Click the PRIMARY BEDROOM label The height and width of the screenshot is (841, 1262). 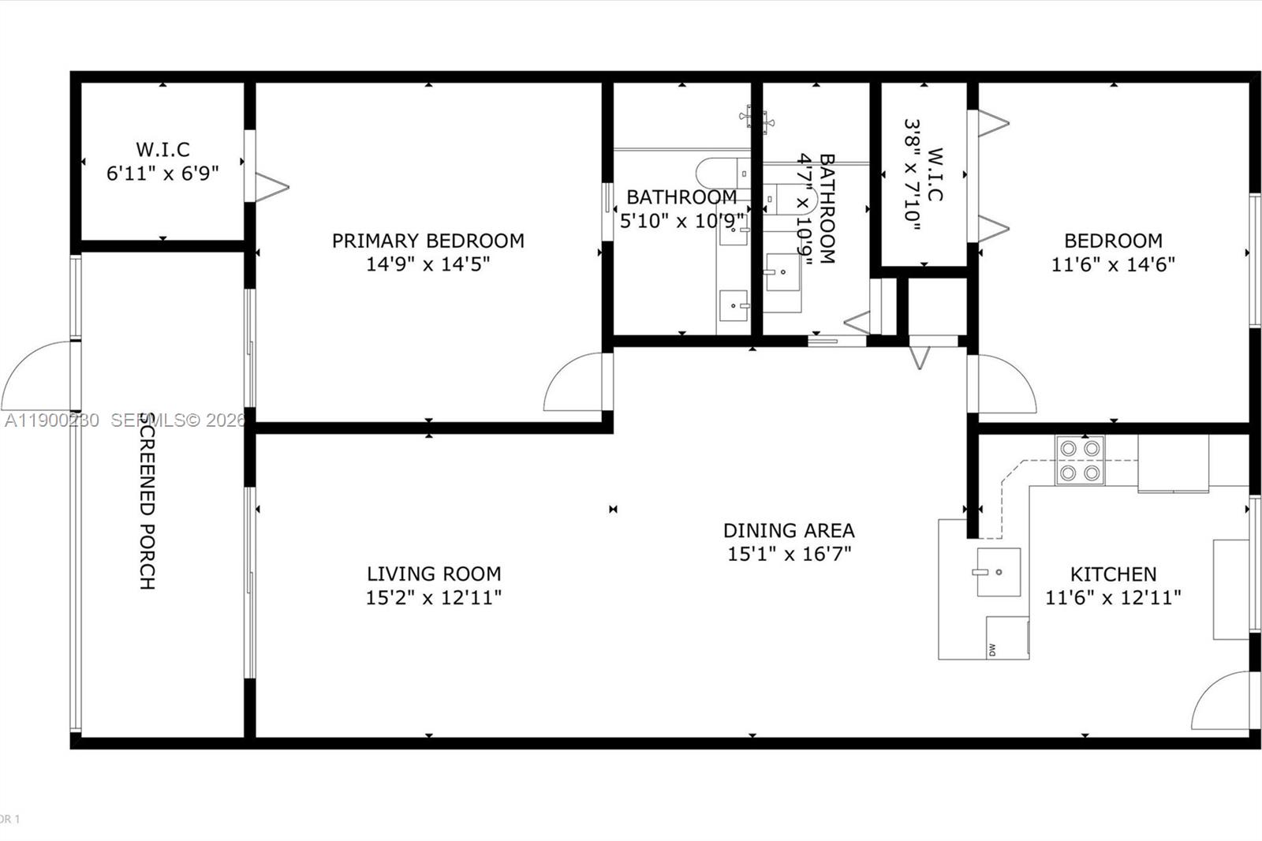(428, 241)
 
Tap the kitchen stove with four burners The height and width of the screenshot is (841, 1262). (1080, 460)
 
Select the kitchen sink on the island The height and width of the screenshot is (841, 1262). (999, 572)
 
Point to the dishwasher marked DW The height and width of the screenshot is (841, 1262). (1007, 637)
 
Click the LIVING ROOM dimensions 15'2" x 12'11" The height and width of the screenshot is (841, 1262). (433, 598)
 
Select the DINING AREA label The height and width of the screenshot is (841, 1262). (789, 530)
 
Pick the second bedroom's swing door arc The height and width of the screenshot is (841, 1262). (1006, 385)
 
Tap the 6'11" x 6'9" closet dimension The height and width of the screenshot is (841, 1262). (162, 174)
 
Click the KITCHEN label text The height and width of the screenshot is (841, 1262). (1113, 574)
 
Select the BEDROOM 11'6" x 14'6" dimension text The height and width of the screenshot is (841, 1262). (1113, 264)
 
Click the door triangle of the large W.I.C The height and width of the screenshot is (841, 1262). (270, 188)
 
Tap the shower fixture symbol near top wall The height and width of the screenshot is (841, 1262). (756, 119)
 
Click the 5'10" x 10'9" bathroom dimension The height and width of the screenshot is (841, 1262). (681, 221)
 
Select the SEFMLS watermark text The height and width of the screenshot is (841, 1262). (178, 420)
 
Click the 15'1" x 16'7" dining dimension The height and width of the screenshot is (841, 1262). (789, 554)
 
